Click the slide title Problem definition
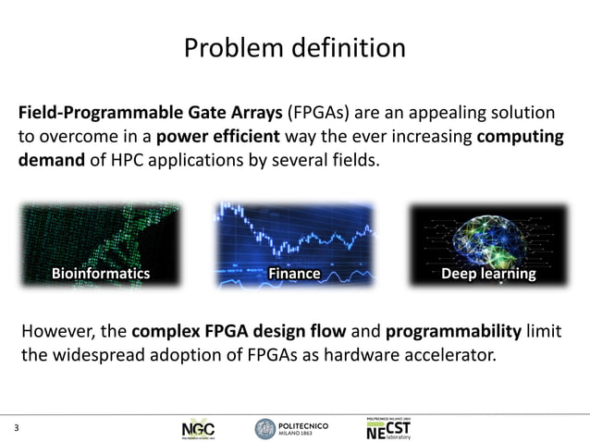(294, 47)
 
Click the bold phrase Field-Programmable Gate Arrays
(151, 115)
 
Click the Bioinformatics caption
(100, 274)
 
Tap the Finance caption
(294, 274)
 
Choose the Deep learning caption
(488, 274)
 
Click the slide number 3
(16, 428)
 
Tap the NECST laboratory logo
(389, 426)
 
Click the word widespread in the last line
(103, 354)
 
